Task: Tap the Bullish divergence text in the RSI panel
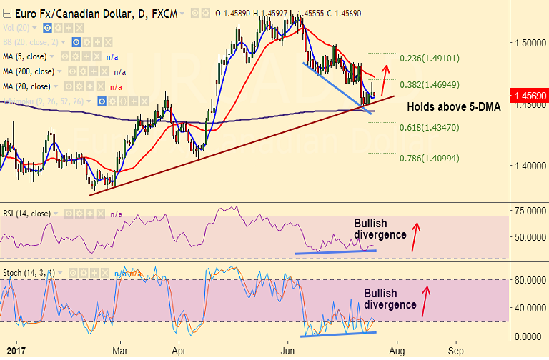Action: [380, 229]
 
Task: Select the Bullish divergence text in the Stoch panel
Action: [390, 299]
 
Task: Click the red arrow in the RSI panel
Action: [415, 236]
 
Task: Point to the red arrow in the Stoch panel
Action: [425, 301]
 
